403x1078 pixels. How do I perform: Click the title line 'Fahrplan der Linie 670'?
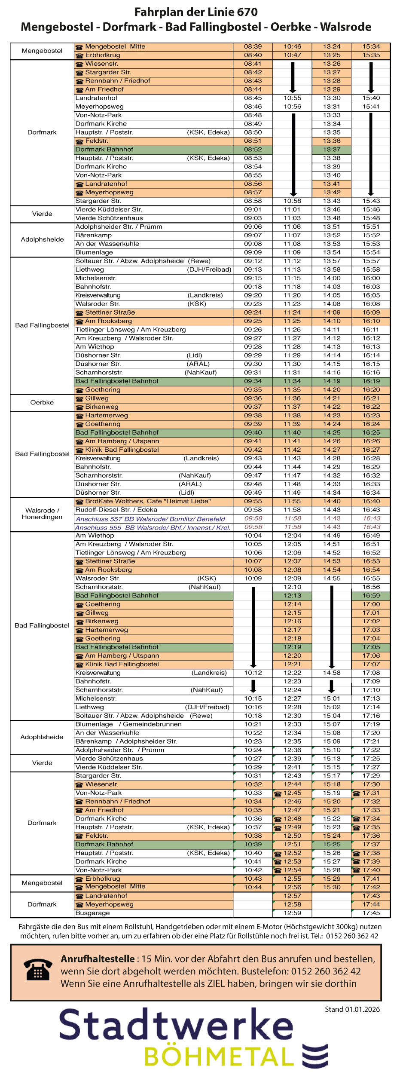196,12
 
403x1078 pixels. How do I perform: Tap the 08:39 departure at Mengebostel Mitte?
253,46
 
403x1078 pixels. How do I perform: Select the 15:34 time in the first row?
371,46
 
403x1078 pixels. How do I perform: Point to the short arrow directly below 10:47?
292,77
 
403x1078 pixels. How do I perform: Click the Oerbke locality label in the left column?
42,402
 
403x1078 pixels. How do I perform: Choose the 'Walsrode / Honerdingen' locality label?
42,514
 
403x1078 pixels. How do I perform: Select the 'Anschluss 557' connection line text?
150,519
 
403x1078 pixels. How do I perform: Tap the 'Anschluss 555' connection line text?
153,527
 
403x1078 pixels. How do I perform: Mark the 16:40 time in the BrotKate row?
371,501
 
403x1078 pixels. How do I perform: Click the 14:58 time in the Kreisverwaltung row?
332,673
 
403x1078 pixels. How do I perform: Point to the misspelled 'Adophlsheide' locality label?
42,737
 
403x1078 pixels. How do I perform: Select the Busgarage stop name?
92,913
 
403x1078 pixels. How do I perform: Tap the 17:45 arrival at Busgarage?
371,913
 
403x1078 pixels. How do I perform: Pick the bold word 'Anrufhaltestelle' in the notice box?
98,959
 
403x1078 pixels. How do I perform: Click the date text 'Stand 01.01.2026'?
352,1010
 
